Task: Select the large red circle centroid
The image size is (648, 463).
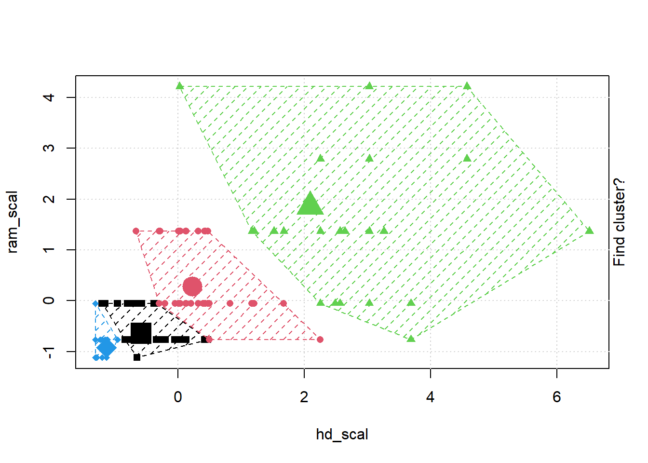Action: point(192,286)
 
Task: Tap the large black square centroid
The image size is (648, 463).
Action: point(141,333)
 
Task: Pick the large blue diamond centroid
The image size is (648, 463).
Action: point(106,347)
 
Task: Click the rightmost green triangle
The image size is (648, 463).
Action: point(589,231)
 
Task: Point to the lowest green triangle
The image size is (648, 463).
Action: point(411,339)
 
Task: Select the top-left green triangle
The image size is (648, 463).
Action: point(180,86)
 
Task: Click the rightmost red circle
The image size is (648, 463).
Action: point(320,340)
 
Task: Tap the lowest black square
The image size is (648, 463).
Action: point(137,357)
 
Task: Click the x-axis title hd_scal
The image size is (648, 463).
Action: point(342,435)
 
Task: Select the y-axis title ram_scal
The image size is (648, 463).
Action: point(12,222)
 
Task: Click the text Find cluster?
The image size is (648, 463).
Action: point(619,222)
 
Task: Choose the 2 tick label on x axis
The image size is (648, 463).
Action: point(304,397)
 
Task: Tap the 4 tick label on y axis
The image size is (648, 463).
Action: point(49,97)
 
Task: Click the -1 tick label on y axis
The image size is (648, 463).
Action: point(49,352)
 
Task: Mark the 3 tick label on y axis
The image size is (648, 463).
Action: point(49,148)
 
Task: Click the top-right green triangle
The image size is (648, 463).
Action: point(467,86)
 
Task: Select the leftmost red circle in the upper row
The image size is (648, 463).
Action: point(136,231)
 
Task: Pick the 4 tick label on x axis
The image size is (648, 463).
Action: point(431,397)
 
